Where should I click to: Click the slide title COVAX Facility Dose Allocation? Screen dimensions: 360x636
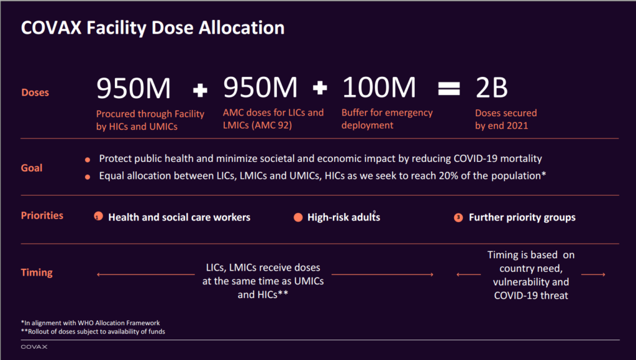tap(153, 29)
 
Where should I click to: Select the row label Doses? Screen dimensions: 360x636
tap(35, 92)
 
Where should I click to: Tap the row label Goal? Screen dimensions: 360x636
tap(32, 168)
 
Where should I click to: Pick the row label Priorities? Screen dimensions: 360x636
tap(42, 215)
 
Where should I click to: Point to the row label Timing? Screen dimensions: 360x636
tap(37, 272)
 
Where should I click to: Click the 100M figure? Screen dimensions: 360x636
tap(379, 88)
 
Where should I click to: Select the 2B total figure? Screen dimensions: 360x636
tap(491, 88)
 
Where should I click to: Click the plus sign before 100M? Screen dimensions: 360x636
tap(320, 89)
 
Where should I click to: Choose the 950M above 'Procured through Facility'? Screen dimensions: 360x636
tap(134, 88)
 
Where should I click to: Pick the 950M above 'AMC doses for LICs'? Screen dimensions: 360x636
tap(261, 88)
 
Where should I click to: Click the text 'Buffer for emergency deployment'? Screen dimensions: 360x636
tap(387, 119)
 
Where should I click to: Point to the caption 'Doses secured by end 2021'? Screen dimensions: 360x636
tap(506, 119)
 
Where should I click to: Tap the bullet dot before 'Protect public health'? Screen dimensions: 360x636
tap(88, 160)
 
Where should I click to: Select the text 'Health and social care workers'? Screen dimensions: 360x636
tap(179, 217)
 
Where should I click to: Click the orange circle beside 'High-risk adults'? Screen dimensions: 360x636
tap(298, 217)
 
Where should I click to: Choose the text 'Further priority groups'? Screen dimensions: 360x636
tap(522, 217)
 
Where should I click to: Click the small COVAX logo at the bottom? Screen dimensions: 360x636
tap(34, 347)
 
